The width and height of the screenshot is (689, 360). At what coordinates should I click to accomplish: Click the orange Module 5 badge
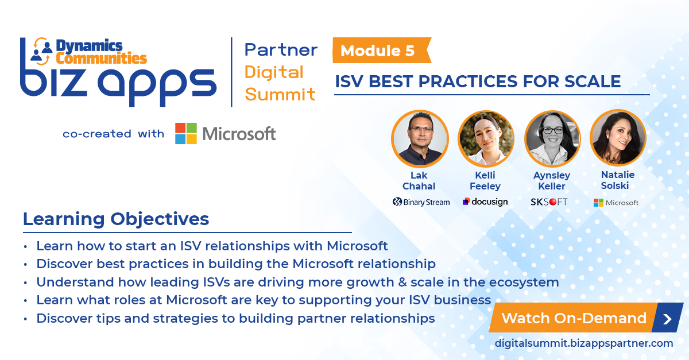pos(379,51)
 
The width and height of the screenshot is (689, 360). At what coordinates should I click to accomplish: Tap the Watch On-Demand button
pos(574,318)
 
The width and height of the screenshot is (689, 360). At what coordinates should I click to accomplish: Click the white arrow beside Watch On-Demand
pos(667,319)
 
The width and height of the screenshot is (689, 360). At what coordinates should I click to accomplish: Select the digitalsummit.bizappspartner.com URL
pos(584,343)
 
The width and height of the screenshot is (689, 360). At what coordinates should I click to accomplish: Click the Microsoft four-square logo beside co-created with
pos(185,133)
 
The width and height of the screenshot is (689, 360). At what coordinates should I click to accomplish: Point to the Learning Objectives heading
pos(116,219)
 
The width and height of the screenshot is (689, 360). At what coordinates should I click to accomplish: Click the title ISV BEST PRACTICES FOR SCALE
pos(478,82)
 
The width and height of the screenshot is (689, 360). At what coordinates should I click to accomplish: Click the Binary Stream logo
pos(421,202)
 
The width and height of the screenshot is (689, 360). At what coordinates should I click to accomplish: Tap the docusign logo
pos(485,202)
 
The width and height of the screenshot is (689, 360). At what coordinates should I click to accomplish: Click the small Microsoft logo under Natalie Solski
pos(616,203)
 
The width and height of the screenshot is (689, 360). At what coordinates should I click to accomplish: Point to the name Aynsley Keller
pos(552,181)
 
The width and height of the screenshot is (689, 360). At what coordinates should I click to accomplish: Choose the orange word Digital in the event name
pos(274,72)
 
